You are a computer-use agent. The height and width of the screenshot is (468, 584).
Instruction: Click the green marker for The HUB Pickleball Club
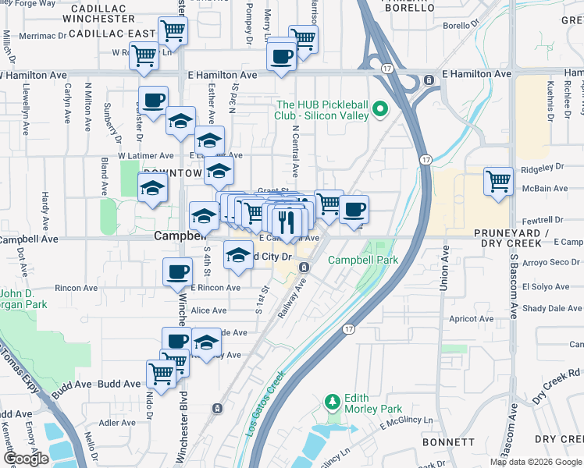pos(381,109)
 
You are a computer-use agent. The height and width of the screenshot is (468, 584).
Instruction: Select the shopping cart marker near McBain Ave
pos(498,182)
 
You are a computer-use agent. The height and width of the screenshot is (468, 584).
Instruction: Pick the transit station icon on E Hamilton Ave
pos(429,80)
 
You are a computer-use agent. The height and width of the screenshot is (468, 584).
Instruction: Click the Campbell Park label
pos(363,260)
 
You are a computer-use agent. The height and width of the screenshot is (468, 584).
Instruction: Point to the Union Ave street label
pos(443,270)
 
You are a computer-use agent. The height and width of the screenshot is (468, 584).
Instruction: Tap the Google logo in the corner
pos(26,459)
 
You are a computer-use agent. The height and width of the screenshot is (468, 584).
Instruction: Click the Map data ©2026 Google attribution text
pos(536,462)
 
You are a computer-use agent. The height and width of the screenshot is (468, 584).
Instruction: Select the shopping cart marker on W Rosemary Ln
pos(144,56)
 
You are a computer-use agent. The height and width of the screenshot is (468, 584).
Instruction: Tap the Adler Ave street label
pos(119,423)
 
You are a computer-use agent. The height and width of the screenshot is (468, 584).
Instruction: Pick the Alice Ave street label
pos(208,310)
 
